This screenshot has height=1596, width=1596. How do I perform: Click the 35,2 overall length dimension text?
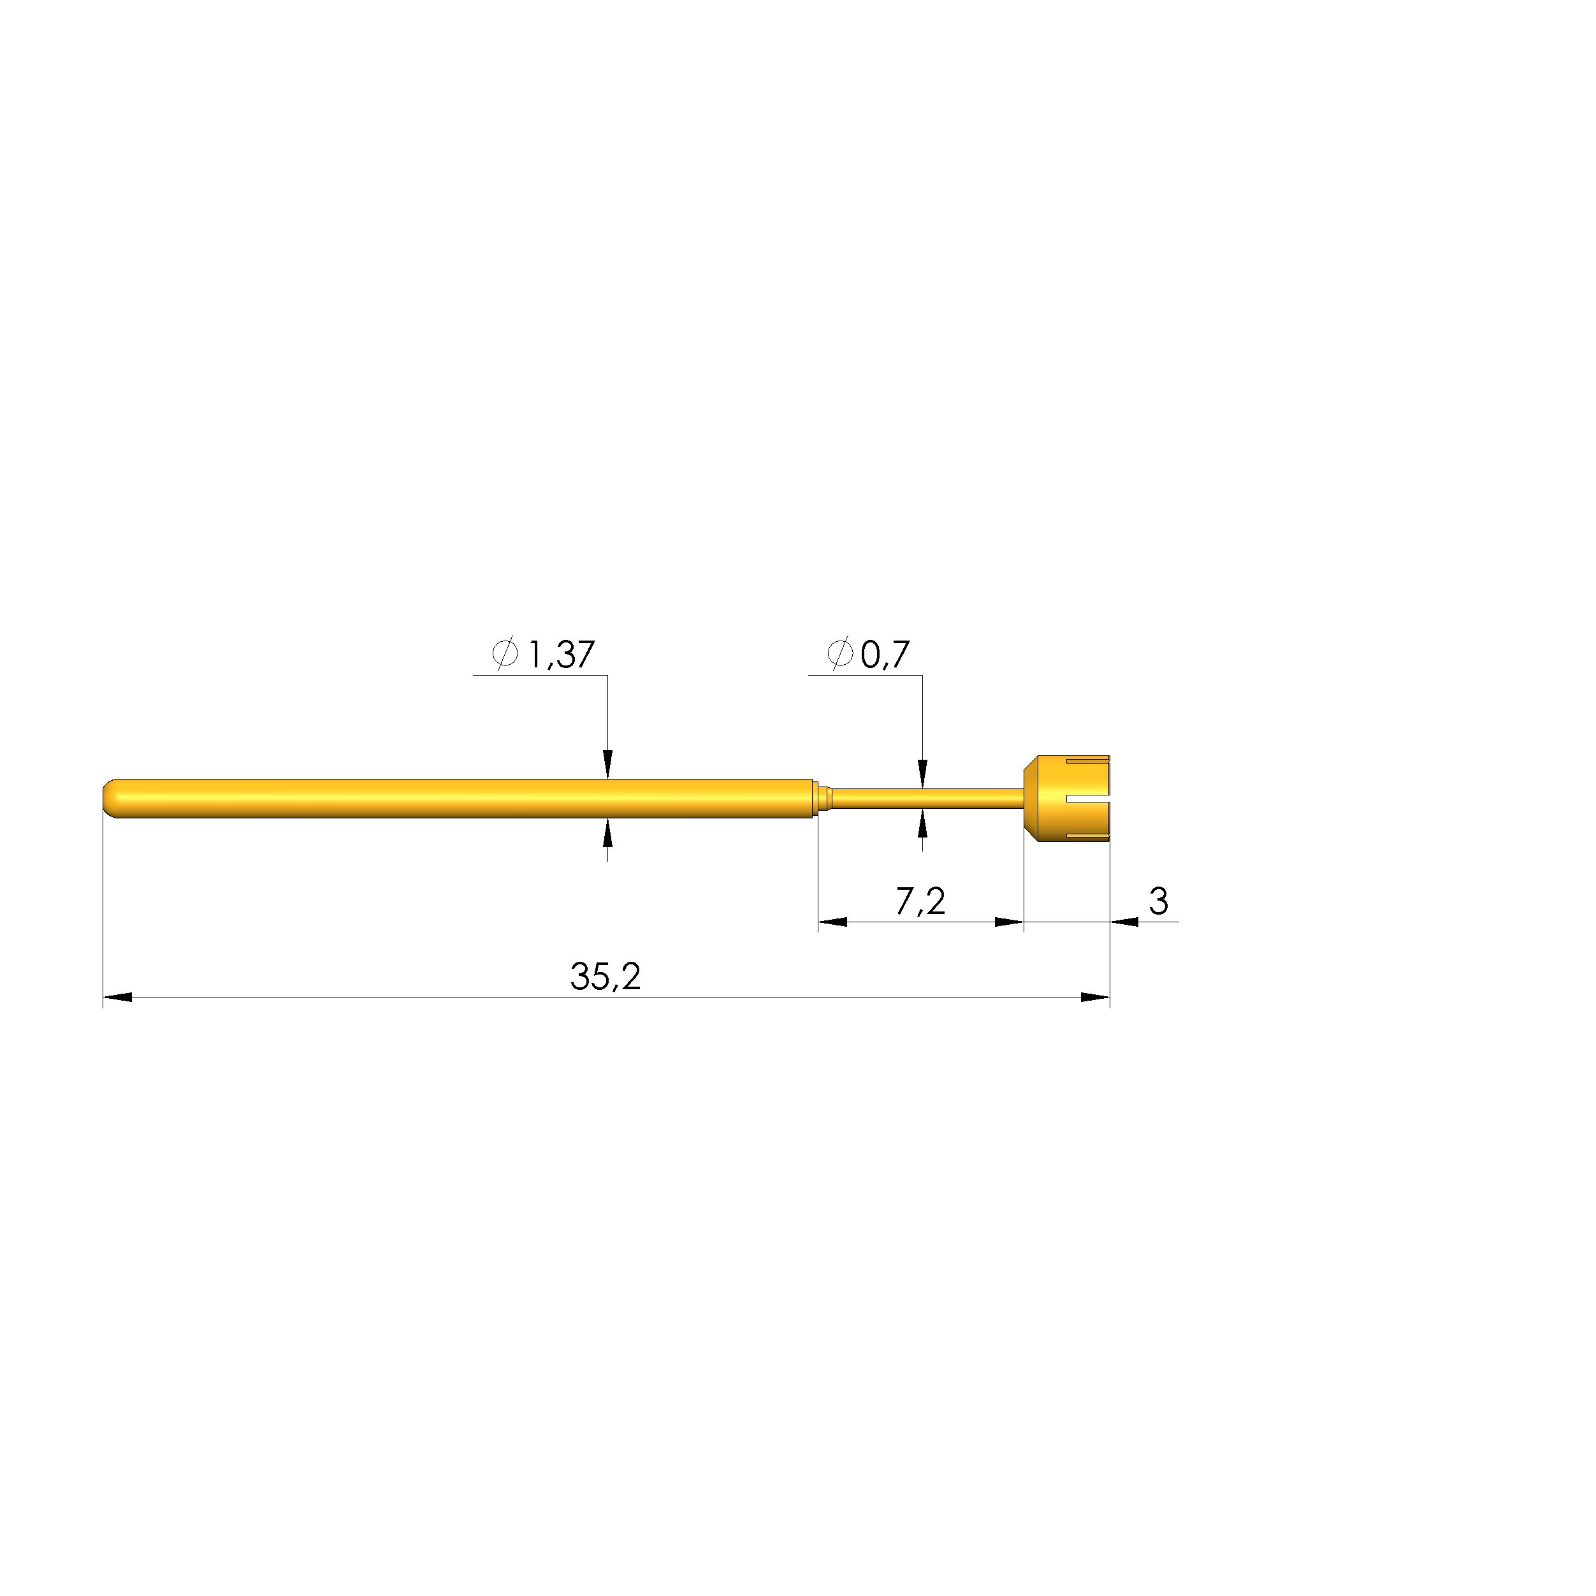tap(605, 976)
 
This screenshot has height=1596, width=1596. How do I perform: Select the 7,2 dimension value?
tap(920, 901)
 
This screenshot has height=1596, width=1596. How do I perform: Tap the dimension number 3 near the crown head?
tap(1158, 901)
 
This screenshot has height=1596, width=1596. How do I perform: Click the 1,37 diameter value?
tap(561, 655)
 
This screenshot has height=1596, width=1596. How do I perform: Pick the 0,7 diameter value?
tap(885, 655)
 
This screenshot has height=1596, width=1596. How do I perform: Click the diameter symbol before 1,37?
tap(505, 653)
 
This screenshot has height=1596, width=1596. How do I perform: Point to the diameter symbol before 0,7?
tap(839, 653)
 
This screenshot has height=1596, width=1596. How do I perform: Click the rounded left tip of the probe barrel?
tap(110, 799)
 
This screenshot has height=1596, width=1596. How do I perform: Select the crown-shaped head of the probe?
tap(1068, 799)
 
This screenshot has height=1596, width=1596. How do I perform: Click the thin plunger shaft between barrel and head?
tap(925, 799)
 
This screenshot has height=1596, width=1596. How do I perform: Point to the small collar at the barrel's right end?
tap(823, 799)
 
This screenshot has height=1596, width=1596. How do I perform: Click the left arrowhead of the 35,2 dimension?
tap(117, 997)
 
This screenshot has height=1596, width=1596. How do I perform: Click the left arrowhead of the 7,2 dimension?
tap(832, 922)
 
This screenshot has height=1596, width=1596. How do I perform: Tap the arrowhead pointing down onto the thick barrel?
tap(608, 764)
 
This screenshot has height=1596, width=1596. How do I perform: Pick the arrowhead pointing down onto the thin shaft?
tap(923, 774)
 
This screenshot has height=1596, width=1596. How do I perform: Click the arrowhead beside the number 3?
tap(1124, 922)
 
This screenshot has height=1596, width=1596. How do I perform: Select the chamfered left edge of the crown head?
tap(1030, 799)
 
